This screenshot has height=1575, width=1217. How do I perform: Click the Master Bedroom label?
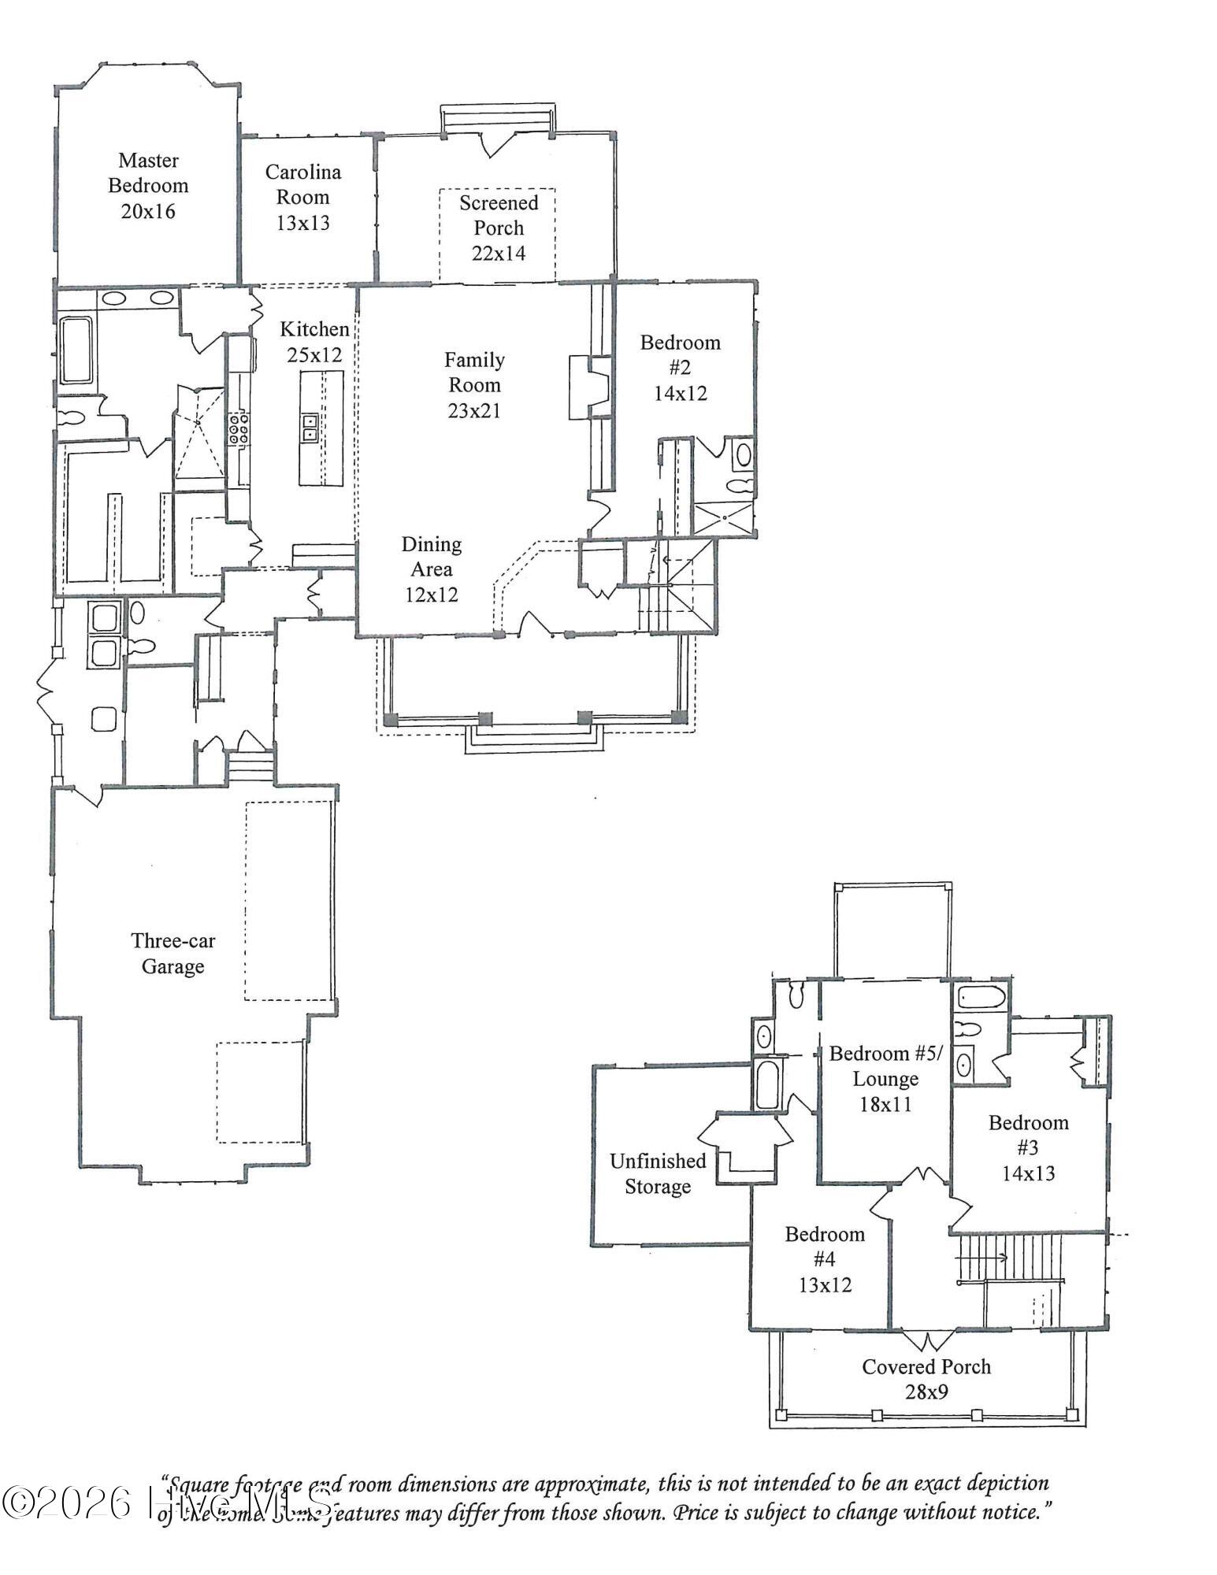coord(148,173)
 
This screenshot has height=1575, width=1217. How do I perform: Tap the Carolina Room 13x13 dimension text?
coord(302,223)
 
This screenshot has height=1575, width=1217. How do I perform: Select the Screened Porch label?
coord(499,215)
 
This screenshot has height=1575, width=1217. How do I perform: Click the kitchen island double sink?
coord(310,428)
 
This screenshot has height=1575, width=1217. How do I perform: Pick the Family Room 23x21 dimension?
coord(474,410)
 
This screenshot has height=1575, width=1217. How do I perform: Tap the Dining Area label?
coord(431,556)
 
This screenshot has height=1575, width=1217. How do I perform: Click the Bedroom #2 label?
coord(680,354)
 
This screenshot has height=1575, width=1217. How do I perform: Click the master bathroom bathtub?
coord(76,350)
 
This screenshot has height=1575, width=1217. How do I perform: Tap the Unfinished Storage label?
coord(658,1173)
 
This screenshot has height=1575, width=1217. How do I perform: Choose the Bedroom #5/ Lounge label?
coord(885,1066)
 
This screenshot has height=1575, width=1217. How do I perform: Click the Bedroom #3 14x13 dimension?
coord(1028,1173)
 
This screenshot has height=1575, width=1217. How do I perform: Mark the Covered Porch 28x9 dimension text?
coord(926,1392)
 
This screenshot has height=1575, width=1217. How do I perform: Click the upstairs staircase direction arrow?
coord(981,1258)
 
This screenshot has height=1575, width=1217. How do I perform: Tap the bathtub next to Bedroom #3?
coord(981,999)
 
